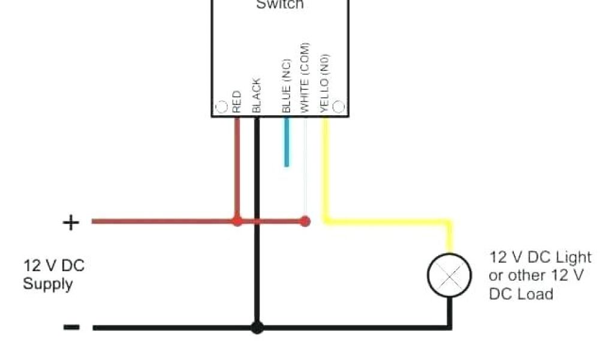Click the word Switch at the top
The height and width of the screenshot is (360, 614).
click(x=280, y=5)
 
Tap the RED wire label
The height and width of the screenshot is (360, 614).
click(x=237, y=101)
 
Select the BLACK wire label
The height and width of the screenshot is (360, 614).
click(x=256, y=95)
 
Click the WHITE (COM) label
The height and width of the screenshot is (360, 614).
click(x=305, y=77)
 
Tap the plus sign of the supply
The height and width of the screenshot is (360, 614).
click(x=71, y=223)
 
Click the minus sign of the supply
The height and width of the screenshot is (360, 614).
click(x=71, y=327)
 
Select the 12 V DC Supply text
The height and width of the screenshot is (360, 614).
click(x=53, y=274)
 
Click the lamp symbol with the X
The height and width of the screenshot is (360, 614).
click(x=449, y=275)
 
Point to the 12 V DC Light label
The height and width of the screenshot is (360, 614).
click(x=540, y=257)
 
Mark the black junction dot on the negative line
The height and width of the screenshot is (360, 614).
click(x=257, y=328)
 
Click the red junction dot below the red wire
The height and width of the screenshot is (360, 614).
click(x=237, y=221)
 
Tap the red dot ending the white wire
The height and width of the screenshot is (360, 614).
click(x=305, y=221)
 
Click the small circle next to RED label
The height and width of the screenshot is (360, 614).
click(x=221, y=107)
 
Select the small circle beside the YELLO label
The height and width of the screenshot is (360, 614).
click(x=339, y=107)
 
